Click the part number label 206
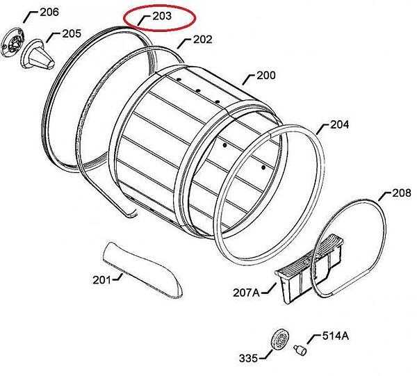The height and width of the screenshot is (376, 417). pyautogui.click(x=49, y=12)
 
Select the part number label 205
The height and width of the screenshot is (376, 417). pyautogui.click(x=72, y=34)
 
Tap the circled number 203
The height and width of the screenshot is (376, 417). pyautogui.click(x=162, y=16)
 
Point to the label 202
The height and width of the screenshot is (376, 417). pyautogui.click(x=203, y=40)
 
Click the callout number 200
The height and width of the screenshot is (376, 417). pyautogui.click(x=266, y=76)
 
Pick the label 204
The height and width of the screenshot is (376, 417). pyautogui.click(x=339, y=124)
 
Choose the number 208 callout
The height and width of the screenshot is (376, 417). pyautogui.click(x=402, y=193)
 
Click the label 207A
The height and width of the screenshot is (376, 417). pyautogui.click(x=246, y=293)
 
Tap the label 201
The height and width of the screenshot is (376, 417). pyautogui.click(x=102, y=280)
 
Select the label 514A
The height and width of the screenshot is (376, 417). pyautogui.click(x=336, y=336)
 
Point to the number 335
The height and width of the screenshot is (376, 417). pyautogui.click(x=248, y=359)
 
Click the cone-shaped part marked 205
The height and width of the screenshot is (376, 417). pyautogui.click(x=38, y=54)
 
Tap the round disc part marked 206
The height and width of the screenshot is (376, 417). pyautogui.click(x=13, y=43)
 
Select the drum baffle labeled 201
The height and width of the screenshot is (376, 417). pyautogui.click(x=142, y=270)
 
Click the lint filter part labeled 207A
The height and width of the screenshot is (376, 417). pyautogui.click(x=309, y=268)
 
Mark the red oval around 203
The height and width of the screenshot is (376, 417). pyautogui.click(x=160, y=18)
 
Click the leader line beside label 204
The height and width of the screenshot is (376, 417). pyautogui.click(x=323, y=129)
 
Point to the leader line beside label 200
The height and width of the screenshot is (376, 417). pyautogui.click(x=249, y=80)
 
